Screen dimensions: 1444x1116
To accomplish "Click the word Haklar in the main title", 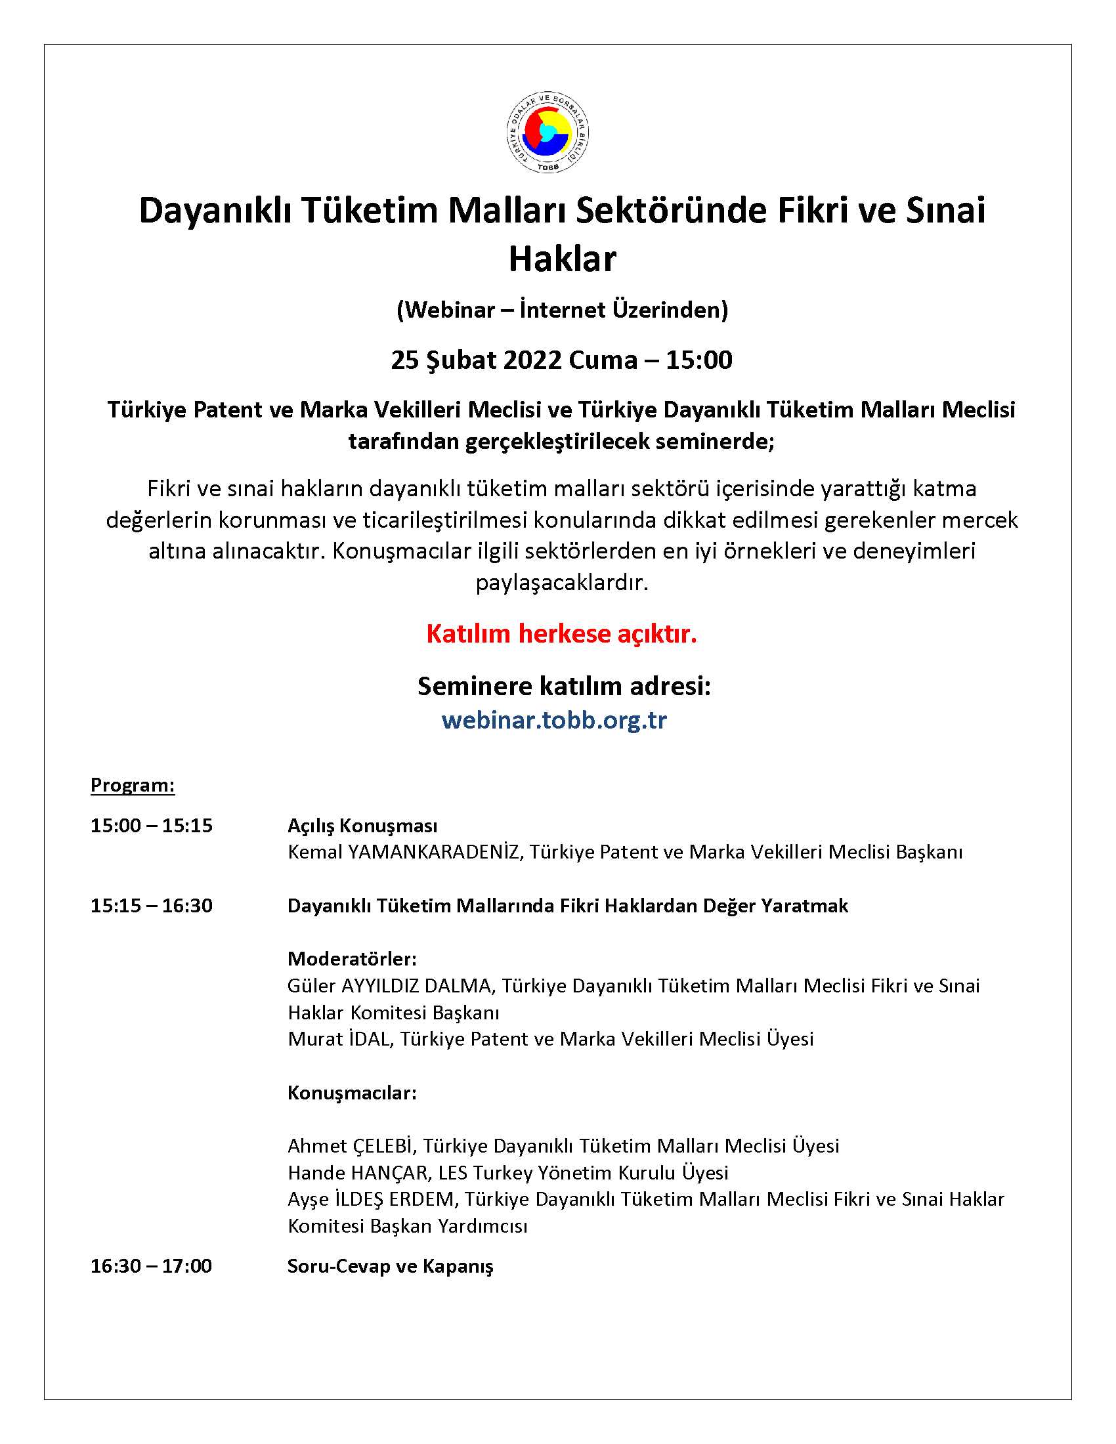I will tap(562, 259).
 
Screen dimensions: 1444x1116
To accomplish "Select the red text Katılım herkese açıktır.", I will tap(561, 633).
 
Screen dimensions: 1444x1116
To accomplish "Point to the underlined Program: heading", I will tap(132, 785).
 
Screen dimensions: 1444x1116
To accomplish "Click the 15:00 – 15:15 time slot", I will tap(152, 825).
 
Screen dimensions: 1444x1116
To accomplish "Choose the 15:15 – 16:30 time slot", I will tap(152, 905).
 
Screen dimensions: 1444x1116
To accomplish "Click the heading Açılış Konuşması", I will tap(362, 825).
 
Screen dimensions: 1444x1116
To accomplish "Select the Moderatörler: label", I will tap(352, 959).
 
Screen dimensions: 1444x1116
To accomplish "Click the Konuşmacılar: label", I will tap(352, 1092).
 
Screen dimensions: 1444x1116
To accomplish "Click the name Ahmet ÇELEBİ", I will tap(351, 1146).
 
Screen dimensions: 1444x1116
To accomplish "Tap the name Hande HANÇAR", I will tap(358, 1172).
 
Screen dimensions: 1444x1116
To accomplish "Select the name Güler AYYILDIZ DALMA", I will tap(390, 986).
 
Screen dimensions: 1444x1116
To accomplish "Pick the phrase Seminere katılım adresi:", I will tap(564, 687).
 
